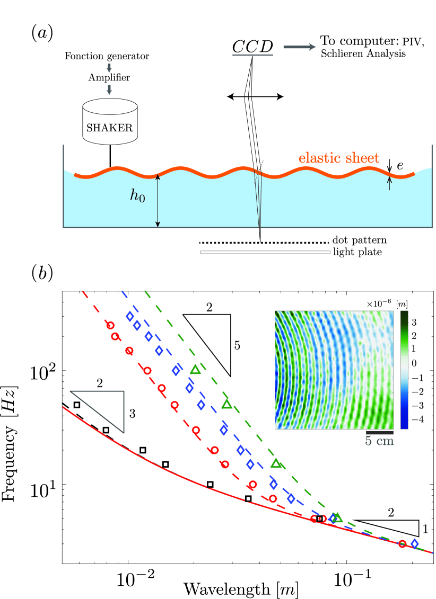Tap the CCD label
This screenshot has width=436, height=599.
[x=253, y=47]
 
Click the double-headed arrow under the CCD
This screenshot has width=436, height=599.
[x=255, y=96]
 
